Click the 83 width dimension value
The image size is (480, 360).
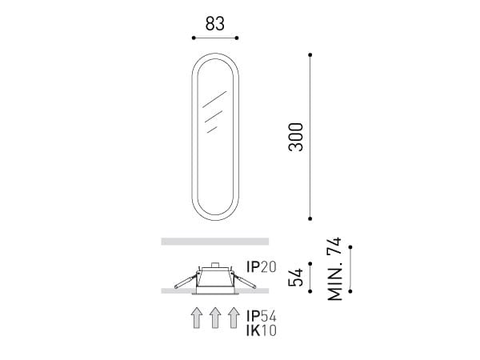tap(215, 23)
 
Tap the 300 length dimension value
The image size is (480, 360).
tap(296, 137)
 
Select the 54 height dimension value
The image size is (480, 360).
tap(296, 278)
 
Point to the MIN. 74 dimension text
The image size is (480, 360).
tap(334, 269)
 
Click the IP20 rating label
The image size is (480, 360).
tap(262, 267)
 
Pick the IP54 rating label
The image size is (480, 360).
tap(262, 316)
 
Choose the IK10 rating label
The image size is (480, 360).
tap(262, 330)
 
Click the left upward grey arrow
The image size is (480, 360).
tap(197, 318)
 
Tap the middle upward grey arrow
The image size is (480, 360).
tap(215, 318)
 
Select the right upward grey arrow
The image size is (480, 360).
tap(234, 318)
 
